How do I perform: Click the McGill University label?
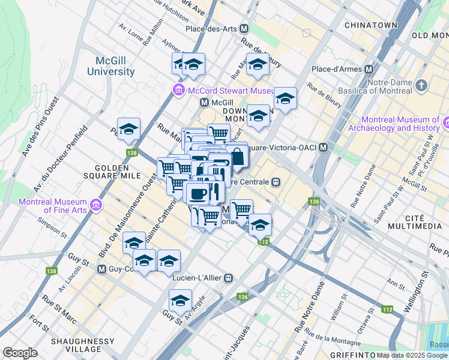[115, 66]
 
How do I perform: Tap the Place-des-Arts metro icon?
[244, 28]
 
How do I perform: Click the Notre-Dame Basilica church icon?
[421, 85]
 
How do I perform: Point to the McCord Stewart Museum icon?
[178, 91]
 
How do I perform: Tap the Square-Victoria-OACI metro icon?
[324, 148]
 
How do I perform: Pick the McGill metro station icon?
[204, 103]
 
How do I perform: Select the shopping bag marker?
[238, 157]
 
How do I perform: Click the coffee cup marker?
[197, 193]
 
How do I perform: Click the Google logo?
[20, 352]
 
